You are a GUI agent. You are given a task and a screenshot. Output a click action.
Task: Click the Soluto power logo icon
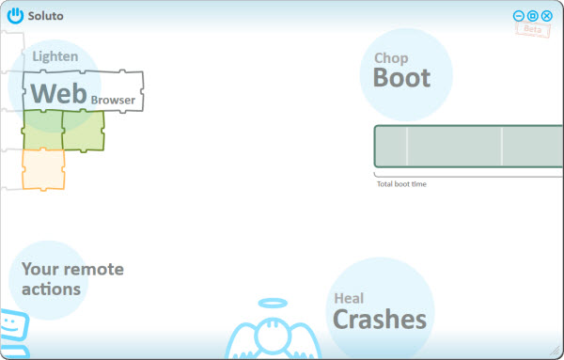click(x=15, y=16)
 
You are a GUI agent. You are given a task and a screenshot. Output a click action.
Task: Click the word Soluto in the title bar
click(x=46, y=16)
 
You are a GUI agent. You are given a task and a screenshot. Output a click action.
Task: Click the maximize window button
click(x=533, y=16)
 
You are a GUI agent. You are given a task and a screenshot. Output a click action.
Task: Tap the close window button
click(x=547, y=16)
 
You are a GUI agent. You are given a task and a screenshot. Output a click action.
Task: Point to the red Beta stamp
click(x=533, y=29)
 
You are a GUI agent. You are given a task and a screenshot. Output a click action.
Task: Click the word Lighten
click(x=55, y=56)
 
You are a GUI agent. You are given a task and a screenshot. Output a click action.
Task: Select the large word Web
click(x=59, y=93)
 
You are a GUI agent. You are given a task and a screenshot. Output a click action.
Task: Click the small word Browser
click(x=113, y=100)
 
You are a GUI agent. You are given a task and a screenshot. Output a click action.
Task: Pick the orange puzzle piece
click(x=43, y=169)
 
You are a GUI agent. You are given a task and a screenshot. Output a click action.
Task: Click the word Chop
click(x=391, y=58)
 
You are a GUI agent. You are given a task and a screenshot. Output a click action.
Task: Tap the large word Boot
click(x=401, y=78)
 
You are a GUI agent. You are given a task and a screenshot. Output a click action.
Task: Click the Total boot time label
click(x=401, y=184)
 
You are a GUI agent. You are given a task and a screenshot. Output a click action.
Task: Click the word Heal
click(x=349, y=298)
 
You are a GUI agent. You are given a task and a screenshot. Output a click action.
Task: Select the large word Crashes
click(x=380, y=319)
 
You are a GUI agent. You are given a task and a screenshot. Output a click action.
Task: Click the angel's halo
click(x=273, y=304)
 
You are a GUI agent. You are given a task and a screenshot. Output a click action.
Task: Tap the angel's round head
click(x=273, y=336)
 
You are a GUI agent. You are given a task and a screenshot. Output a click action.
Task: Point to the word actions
click(x=51, y=290)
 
